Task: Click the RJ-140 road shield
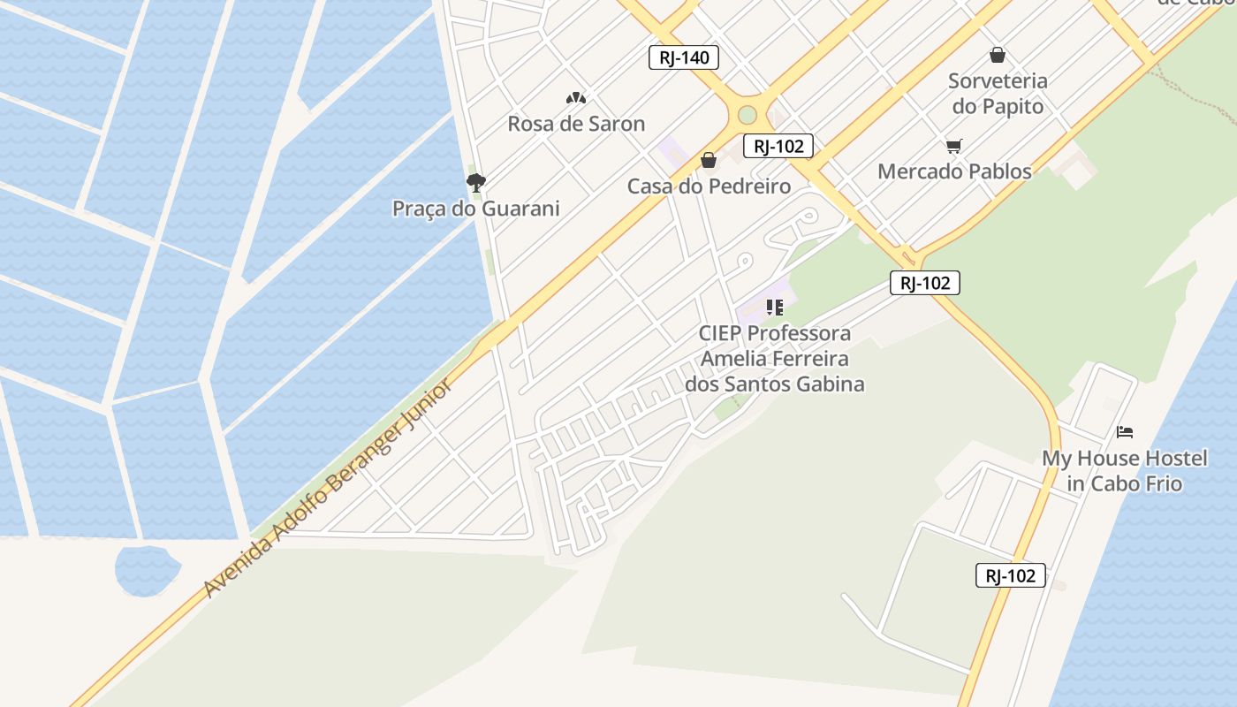[684, 58]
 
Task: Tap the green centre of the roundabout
[748, 115]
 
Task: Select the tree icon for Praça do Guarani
[476, 183]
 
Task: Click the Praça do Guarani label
[476, 209]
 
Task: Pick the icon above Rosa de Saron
[576, 98]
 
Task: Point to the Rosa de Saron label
[576, 124]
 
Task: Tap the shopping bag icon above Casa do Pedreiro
[708, 160]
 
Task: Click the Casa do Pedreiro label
[709, 186]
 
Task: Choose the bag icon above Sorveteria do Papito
[998, 55]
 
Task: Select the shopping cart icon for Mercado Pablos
[953, 146]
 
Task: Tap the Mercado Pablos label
[954, 171]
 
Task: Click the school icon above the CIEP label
[774, 308]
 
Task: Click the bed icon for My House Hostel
[1124, 432]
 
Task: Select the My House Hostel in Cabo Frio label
[1124, 471]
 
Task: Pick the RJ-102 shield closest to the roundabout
[778, 147]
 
